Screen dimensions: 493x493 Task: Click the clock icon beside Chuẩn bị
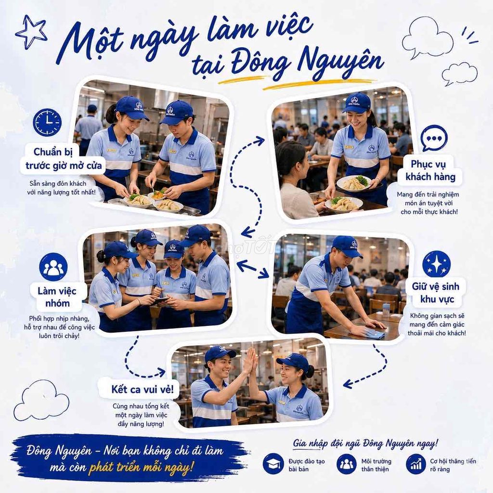coord(47,122)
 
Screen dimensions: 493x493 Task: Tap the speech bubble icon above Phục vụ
coord(434,138)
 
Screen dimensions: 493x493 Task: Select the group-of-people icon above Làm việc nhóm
coord(53,267)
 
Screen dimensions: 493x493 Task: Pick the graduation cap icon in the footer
coord(273,464)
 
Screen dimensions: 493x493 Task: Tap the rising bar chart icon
coord(416,464)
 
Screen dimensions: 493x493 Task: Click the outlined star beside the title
coord(31,32)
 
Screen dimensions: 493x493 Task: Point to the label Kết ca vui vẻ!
coord(143,389)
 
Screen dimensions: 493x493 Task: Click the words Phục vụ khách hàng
coord(430,170)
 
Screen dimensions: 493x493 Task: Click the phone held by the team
coord(159,301)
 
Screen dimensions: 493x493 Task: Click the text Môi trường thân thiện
coord(376,465)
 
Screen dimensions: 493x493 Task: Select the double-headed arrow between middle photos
coord(252,269)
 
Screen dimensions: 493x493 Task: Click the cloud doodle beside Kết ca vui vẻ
coord(41,400)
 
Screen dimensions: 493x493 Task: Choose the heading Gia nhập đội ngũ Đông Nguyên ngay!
coord(365,443)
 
